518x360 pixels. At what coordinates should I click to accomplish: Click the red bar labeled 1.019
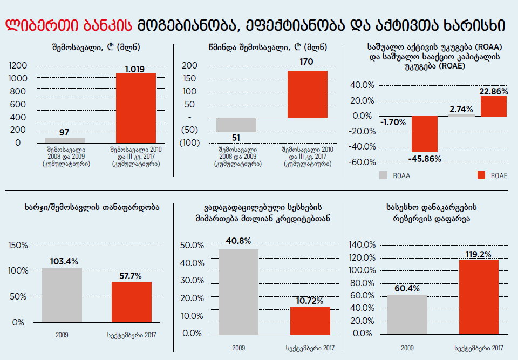coord(136,108)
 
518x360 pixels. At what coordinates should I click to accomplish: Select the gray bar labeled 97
coord(65,140)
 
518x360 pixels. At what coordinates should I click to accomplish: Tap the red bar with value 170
coord(307,94)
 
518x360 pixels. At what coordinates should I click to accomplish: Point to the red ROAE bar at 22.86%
coord(493,106)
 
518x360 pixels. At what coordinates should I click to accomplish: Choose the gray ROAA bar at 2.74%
coord(461,114)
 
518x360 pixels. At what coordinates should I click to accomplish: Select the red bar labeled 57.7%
coord(132,302)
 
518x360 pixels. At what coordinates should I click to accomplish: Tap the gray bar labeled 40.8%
coord(238,291)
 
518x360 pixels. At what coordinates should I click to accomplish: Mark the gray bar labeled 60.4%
coord(407,314)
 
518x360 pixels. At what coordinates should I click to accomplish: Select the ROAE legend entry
coord(492,175)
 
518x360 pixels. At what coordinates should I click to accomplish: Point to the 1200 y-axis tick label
coord(18,65)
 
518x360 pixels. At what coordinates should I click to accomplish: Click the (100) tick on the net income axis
coord(190,142)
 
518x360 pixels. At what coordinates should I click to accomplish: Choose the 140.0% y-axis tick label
coord(362,245)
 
